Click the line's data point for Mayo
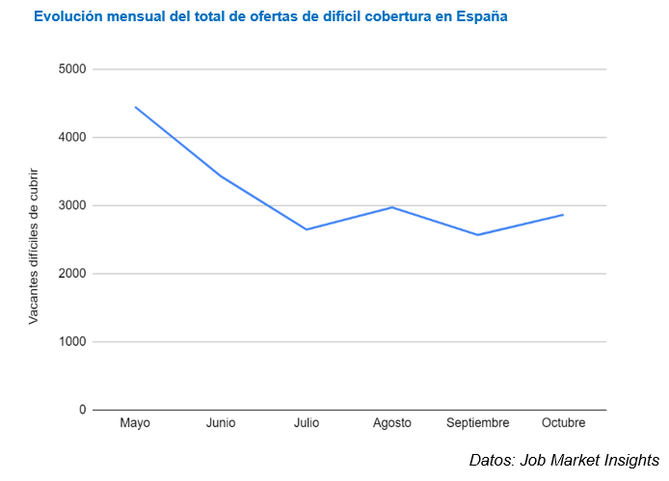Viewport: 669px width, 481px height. pos(135,107)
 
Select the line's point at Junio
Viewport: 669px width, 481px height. pos(221,175)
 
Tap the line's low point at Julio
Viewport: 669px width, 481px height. pos(307,229)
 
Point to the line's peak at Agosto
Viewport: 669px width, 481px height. pos(392,207)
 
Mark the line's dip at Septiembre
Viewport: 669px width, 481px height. pos(478,235)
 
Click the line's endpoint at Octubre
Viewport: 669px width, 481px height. pos(563,215)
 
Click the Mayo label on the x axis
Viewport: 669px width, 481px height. pos(135,424)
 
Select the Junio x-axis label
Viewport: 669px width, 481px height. pos(221,424)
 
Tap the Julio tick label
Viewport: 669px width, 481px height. pos(307,424)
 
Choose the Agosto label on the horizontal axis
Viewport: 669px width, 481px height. pos(392,424)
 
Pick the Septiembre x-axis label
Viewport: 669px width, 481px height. pos(478,424)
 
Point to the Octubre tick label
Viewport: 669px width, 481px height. pos(563,424)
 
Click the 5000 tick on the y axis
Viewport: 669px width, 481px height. pos(72,69)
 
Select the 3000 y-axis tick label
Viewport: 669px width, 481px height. pos(72,205)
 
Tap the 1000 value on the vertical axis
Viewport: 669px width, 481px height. pos(72,342)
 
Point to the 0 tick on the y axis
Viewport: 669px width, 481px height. pos(82,410)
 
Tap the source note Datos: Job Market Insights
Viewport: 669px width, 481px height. pos(564,460)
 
